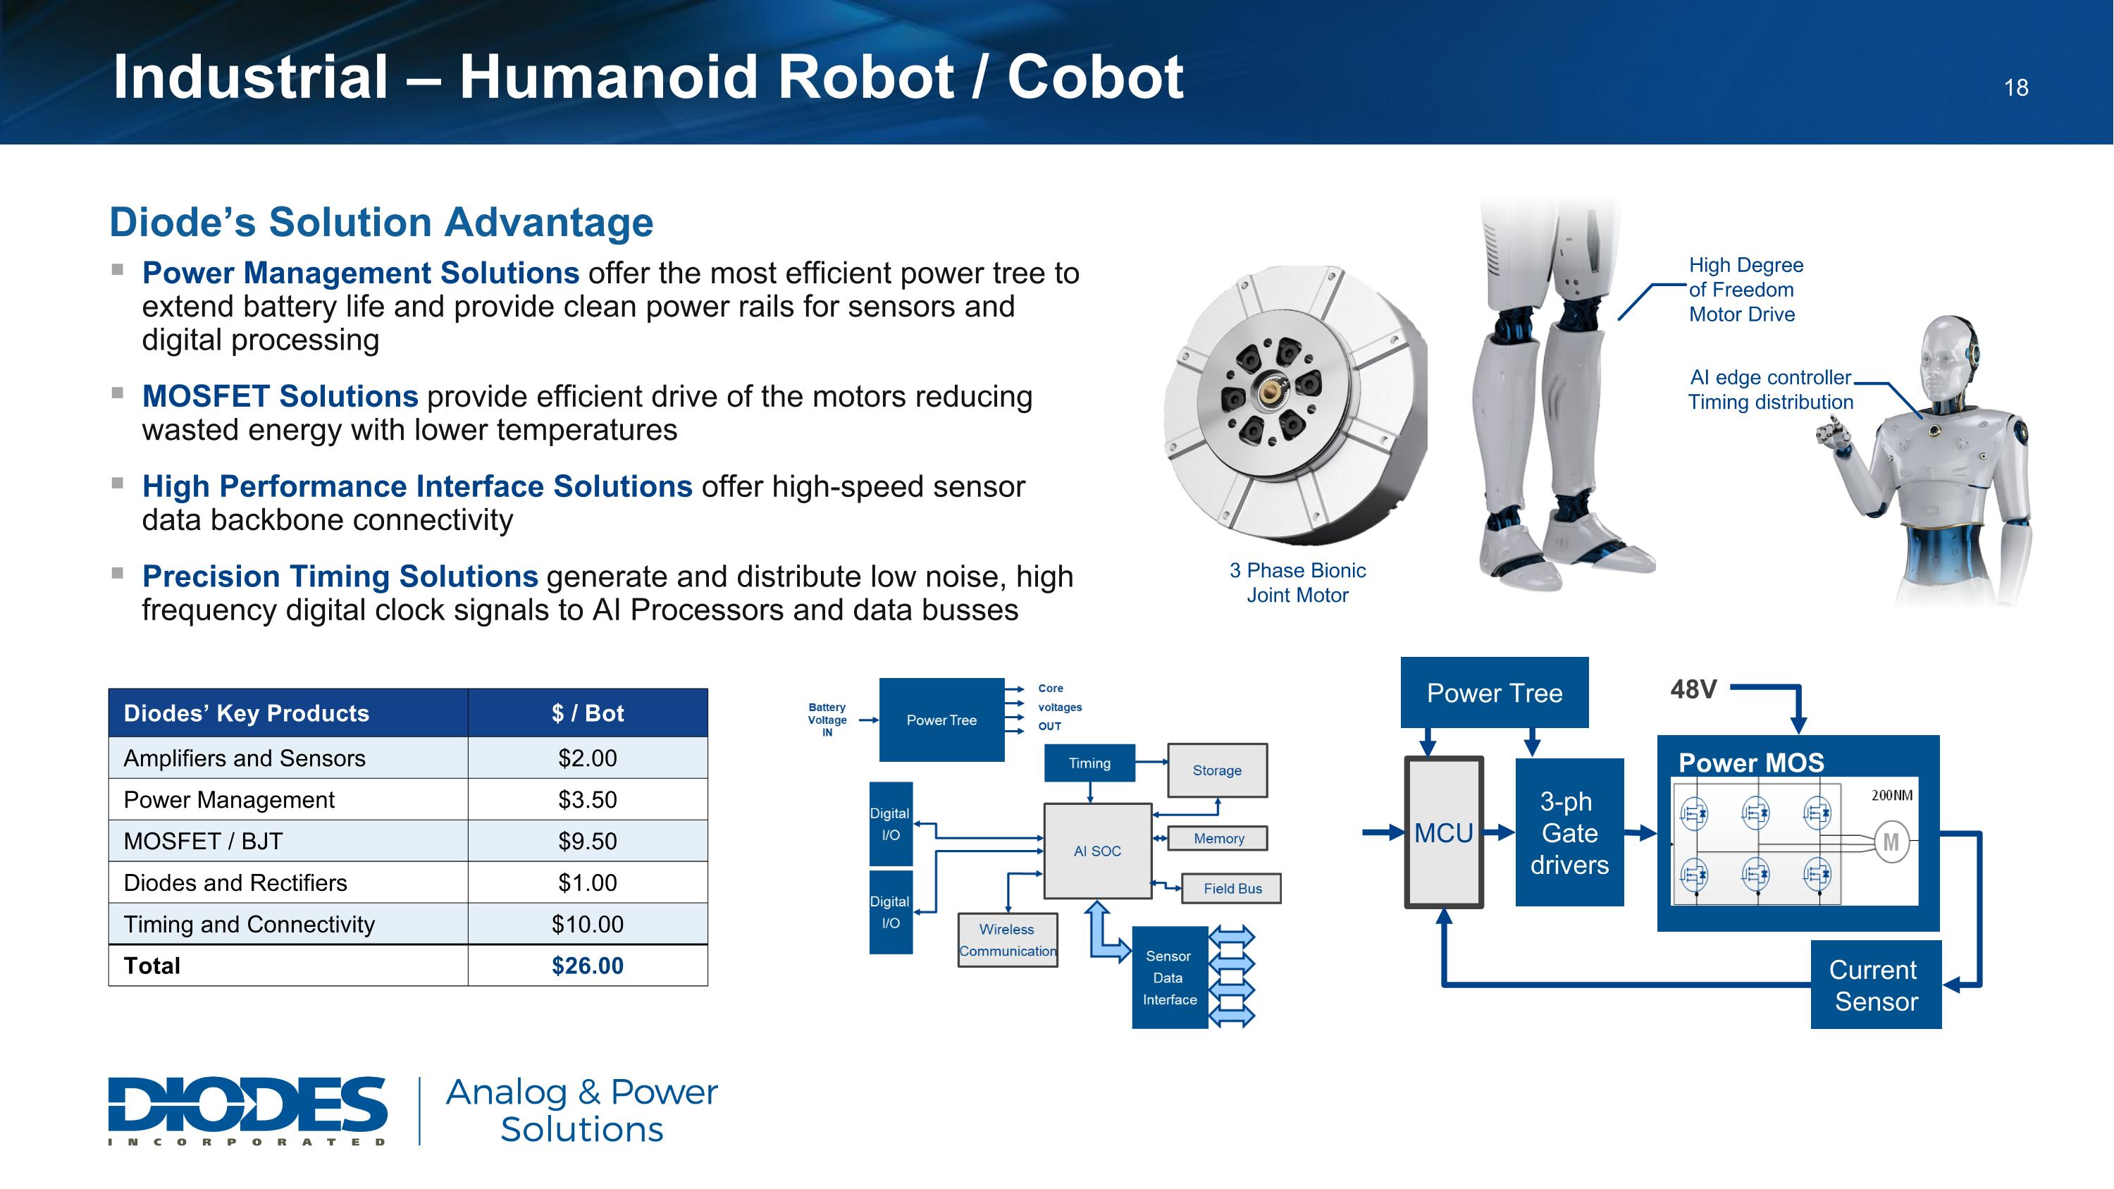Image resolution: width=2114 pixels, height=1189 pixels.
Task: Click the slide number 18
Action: pyautogui.click(x=2015, y=88)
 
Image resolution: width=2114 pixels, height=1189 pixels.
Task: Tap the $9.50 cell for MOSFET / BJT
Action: pyautogui.click(x=587, y=841)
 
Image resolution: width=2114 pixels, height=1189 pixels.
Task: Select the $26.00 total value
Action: pyautogui.click(x=587, y=966)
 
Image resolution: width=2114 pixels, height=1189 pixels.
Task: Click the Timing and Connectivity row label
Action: pyautogui.click(x=249, y=925)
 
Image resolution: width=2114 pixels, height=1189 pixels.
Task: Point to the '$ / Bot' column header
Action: pyautogui.click(x=587, y=713)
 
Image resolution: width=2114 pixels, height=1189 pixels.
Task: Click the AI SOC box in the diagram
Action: pyautogui.click(x=1097, y=851)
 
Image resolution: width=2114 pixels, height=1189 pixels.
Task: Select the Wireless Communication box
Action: pyautogui.click(x=1007, y=940)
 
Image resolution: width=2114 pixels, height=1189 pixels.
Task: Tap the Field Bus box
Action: pyautogui.click(x=1231, y=889)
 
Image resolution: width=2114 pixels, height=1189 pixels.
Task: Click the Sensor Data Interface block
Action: pyautogui.click(x=1170, y=978)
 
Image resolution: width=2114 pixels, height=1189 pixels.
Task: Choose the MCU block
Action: pyautogui.click(x=1444, y=833)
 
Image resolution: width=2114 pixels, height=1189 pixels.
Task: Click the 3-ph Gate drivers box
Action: pyautogui.click(x=1569, y=833)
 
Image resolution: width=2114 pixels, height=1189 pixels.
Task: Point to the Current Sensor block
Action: pyautogui.click(x=1875, y=985)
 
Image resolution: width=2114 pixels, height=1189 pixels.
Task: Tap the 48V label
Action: pyautogui.click(x=1693, y=689)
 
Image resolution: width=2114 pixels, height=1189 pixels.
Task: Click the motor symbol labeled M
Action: pyautogui.click(x=1891, y=843)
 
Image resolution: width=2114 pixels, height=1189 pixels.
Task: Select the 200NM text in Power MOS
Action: pyautogui.click(x=1891, y=795)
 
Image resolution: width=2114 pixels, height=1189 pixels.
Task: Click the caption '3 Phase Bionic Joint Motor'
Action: pyautogui.click(x=1297, y=583)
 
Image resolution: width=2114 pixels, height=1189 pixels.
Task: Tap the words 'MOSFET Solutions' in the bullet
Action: pyautogui.click(x=280, y=396)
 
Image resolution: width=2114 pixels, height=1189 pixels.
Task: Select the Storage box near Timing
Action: pyautogui.click(x=1216, y=770)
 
